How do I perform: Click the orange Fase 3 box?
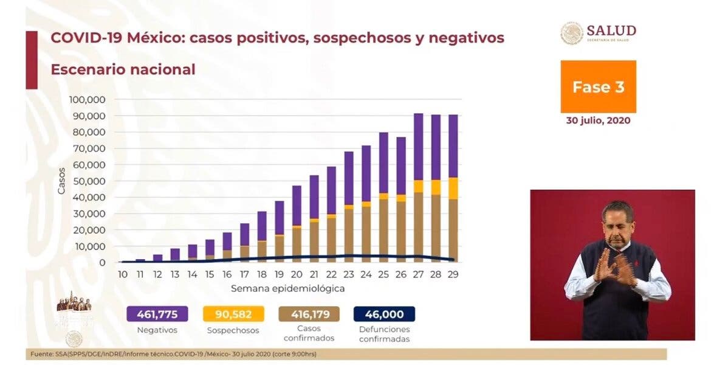pos(598,86)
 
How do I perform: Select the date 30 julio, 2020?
pos(598,120)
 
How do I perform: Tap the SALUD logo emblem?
pos(572,33)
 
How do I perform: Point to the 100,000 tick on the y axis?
pos(89,99)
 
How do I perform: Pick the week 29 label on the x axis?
pos(453,274)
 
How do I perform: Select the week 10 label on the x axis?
pos(123,274)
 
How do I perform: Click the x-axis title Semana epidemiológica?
pos(287,288)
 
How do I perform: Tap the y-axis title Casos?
pos(61,181)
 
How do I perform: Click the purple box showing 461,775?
pos(157,314)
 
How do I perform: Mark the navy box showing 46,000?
pos(384,314)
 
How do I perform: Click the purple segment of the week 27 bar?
pos(418,147)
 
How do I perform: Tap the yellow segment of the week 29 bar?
pos(453,189)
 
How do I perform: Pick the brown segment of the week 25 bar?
pos(383,228)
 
